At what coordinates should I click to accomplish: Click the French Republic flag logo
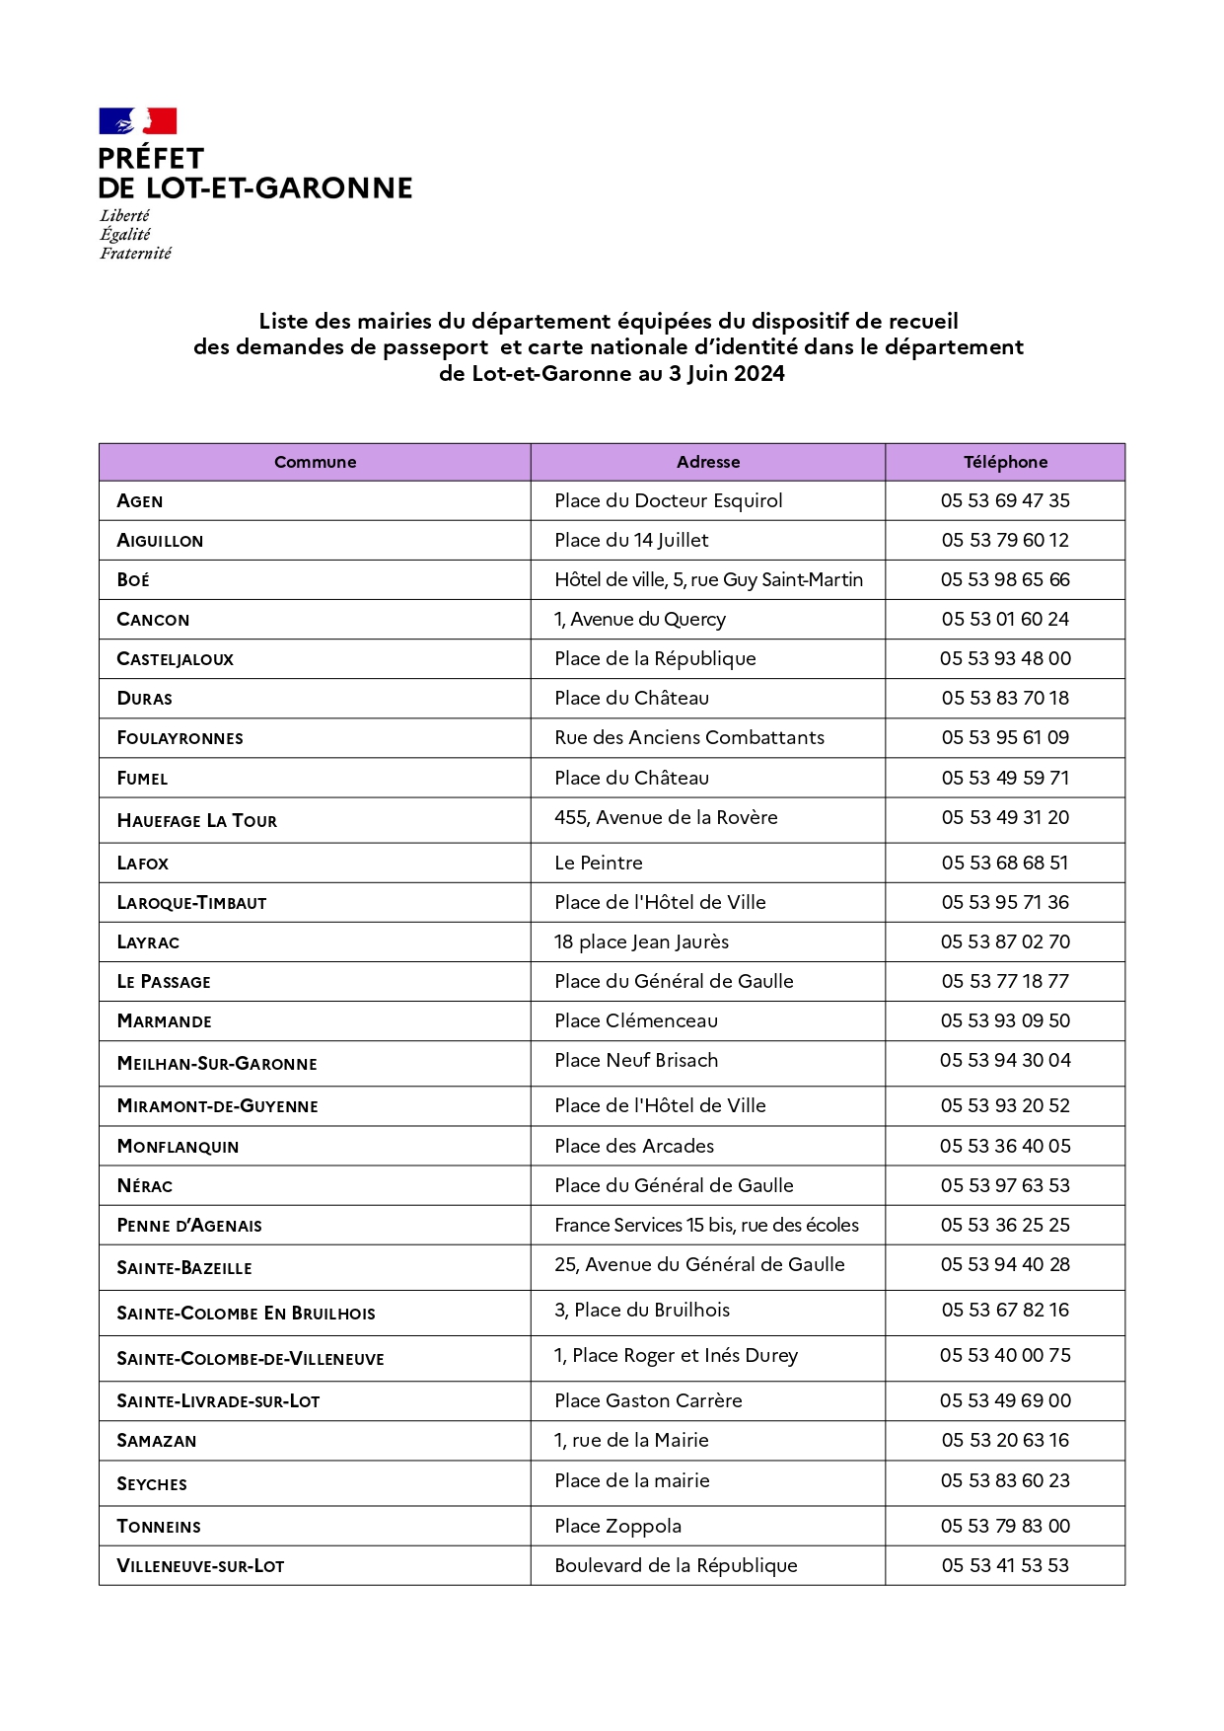137,121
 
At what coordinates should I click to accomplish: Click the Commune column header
315,462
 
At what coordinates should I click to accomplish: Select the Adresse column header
707,462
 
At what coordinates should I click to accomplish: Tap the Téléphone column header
1005,462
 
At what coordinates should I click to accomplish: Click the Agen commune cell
140,501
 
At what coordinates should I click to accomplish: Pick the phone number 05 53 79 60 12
1005,540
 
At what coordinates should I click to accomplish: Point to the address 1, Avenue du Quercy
639,619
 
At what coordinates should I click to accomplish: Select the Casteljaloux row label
175,659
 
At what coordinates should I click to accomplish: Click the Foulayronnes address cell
688,737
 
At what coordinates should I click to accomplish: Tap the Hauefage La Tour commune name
196,821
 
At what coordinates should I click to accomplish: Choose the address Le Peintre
598,863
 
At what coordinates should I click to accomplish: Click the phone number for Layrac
1005,941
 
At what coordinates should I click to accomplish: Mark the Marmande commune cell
164,1021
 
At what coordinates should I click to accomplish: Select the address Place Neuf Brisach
635,1060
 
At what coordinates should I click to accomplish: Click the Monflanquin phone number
1005,1146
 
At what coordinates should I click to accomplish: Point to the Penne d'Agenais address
706,1225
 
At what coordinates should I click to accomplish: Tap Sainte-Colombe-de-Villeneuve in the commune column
251,1359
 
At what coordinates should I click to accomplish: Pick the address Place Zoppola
617,1526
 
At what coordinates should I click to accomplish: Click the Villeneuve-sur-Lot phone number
1005,1565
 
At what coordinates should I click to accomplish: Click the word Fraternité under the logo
135,254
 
